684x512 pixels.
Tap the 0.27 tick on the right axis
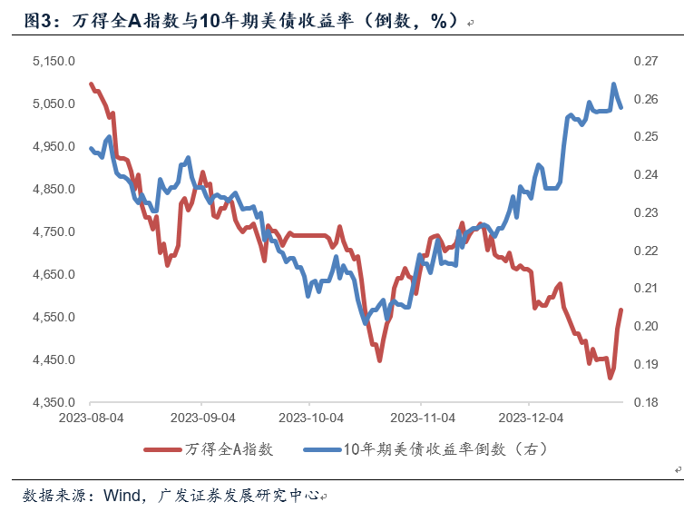point(645,61)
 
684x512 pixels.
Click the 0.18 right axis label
point(645,403)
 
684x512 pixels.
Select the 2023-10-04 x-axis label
point(310,419)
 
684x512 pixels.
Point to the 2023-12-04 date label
point(531,419)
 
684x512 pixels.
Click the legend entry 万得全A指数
point(229,449)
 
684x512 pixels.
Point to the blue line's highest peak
point(614,84)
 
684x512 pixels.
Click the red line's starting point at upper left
point(91,84)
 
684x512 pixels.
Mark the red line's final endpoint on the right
point(621,310)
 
